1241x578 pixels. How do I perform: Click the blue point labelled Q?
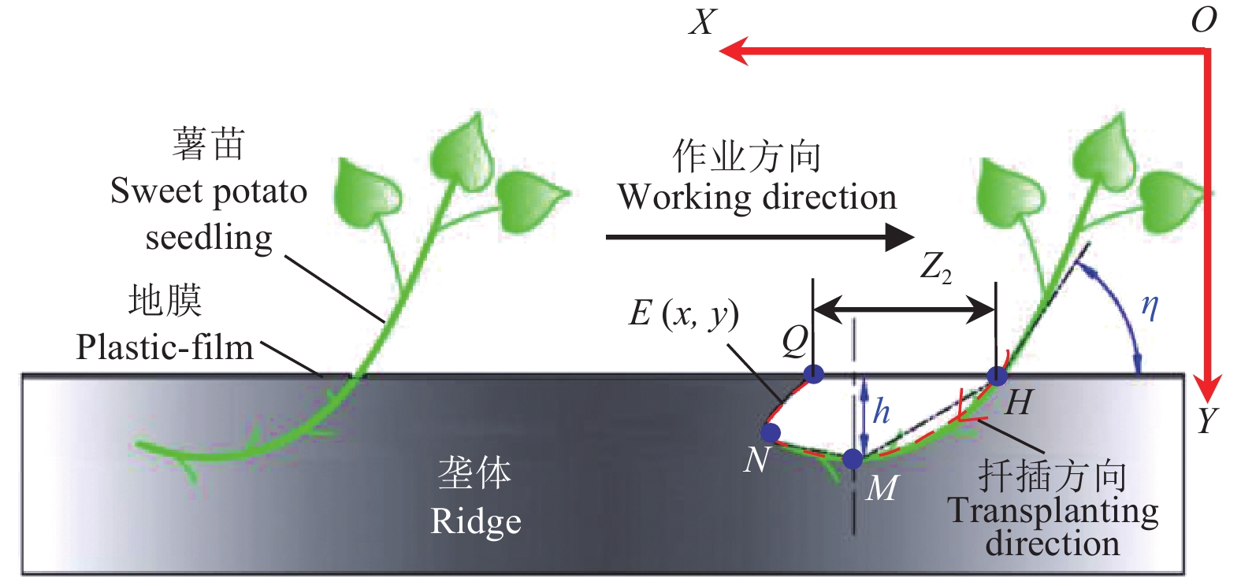point(813,374)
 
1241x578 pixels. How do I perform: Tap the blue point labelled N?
point(770,432)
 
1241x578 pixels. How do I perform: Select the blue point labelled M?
point(853,458)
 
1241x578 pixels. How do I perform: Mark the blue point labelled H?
point(997,376)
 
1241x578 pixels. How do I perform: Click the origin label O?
point(1203,20)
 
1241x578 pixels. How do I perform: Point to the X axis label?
point(702,22)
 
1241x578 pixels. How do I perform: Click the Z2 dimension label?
point(936,268)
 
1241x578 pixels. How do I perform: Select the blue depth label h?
point(881,411)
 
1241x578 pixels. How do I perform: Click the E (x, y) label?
point(683,313)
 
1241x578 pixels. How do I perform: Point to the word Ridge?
point(476,521)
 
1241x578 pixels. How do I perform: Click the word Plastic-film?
point(165,347)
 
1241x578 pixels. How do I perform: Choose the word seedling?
point(209,238)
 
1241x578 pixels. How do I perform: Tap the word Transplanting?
point(1053,511)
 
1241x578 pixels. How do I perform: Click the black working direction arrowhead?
point(899,236)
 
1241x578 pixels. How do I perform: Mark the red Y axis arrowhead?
point(1206,389)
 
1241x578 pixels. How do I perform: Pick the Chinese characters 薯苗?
point(209,145)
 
